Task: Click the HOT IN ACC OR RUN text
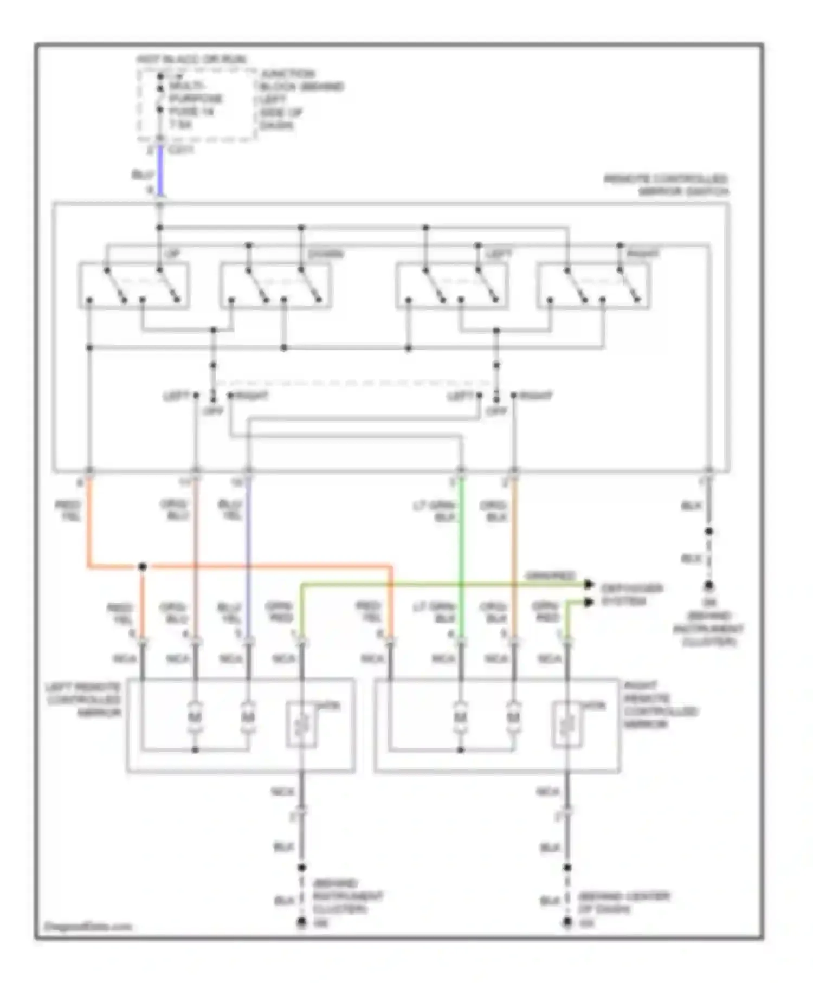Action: click(191, 59)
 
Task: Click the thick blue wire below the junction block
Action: click(160, 171)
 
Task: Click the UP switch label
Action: click(173, 254)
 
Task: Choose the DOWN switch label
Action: click(325, 254)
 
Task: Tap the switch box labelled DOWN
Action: click(275, 286)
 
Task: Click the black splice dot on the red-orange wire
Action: click(143, 567)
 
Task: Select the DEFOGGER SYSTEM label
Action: click(631, 594)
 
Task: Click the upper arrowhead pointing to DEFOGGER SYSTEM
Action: click(589, 584)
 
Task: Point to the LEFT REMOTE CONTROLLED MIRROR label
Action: click(84, 699)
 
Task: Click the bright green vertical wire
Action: click(461, 542)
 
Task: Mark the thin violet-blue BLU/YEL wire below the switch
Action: click(248, 542)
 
